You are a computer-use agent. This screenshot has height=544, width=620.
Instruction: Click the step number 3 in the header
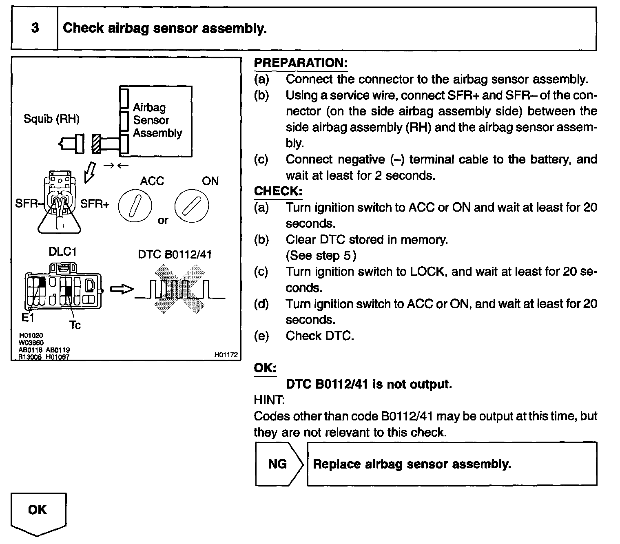35,28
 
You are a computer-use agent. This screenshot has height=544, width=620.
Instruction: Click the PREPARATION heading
300,63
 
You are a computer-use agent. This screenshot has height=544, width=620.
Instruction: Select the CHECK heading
278,191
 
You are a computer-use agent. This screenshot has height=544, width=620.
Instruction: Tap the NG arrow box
278,464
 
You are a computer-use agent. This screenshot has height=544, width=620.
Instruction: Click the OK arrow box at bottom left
38,512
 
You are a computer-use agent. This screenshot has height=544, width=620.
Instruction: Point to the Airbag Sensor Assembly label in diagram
157,120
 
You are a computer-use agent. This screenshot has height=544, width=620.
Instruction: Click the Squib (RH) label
51,119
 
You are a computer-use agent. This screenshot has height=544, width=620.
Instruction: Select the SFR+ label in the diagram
95,203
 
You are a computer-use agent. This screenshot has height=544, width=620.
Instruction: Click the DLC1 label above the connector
62,252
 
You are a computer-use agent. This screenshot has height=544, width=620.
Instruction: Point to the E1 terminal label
28,318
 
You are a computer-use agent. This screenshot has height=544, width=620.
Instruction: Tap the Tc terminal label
75,325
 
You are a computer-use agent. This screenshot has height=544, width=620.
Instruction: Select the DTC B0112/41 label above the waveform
175,254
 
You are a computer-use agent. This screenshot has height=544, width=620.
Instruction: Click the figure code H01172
226,355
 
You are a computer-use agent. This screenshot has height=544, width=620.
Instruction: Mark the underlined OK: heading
265,368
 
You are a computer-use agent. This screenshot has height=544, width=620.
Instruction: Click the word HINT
269,400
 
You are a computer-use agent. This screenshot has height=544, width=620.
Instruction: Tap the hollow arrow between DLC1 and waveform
122,289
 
